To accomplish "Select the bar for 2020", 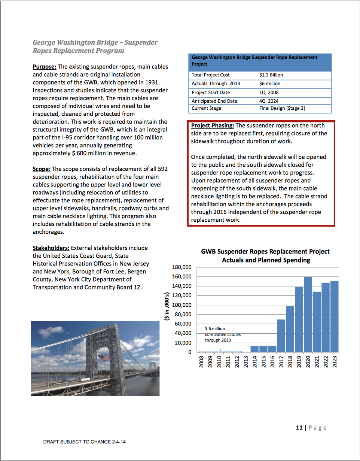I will (x=308, y=315).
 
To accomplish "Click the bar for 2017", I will (x=281, y=336).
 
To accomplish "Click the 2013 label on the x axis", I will (x=246, y=362).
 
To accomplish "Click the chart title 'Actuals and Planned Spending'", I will (x=266, y=260).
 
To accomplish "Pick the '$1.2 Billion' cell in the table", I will (x=271, y=75).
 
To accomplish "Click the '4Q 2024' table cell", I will (x=269, y=101).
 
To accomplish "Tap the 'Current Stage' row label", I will (x=206, y=108).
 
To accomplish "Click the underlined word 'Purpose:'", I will (x=45, y=67).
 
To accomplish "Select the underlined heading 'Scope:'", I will (x=42, y=169).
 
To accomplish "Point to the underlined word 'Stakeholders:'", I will (x=51, y=248).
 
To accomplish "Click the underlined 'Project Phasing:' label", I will (x=213, y=125).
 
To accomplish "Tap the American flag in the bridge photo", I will (x=104, y=357).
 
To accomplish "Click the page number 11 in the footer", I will (x=299, y=428).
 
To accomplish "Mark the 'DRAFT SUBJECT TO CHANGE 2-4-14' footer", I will (x=84, y=442).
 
